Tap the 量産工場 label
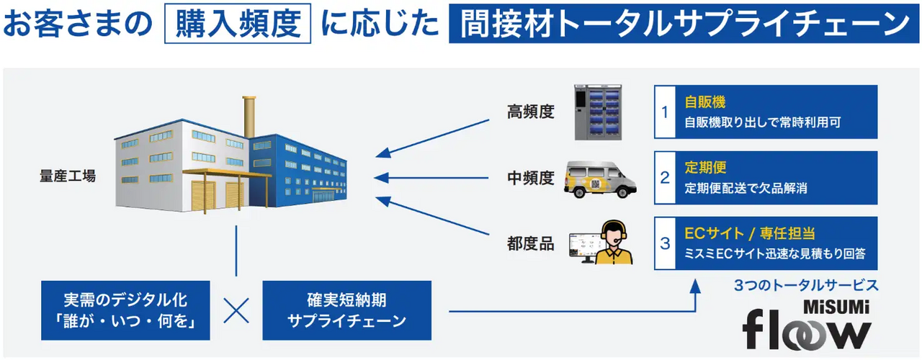67,175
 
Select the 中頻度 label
531,178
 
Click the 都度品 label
531,243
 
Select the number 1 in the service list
665,112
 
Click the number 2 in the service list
665,178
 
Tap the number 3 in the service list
665,243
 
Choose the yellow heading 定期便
704,168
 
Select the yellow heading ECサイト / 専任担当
749,233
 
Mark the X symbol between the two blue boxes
236,310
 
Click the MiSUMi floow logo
807,325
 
